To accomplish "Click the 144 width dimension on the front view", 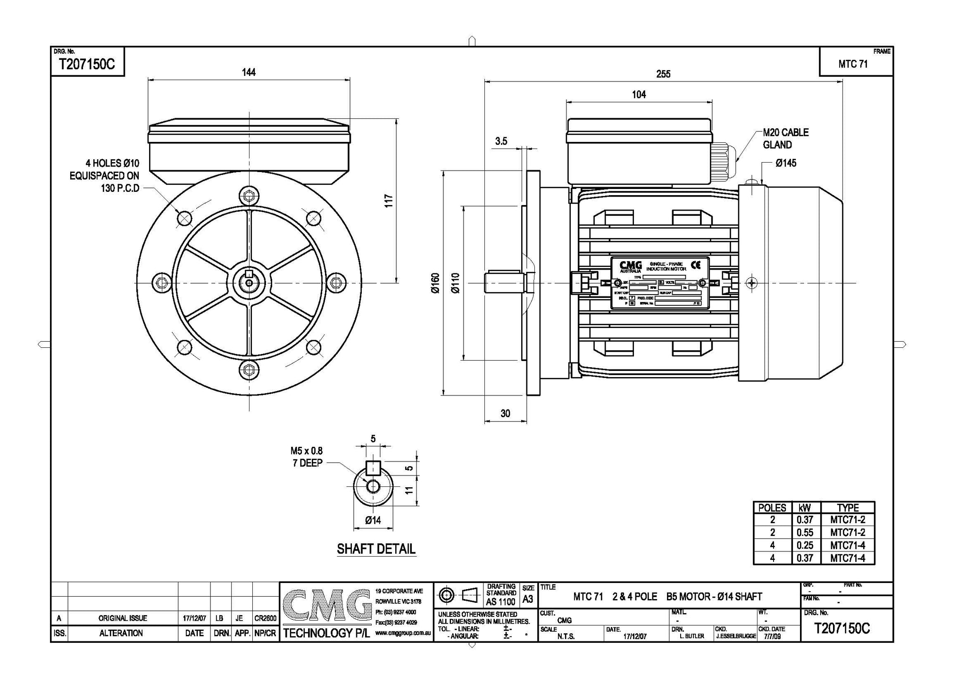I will click(249, 72).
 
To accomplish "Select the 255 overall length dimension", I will click(663, 74).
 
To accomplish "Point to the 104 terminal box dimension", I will click(639, 95).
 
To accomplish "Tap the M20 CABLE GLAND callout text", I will click(785, 139).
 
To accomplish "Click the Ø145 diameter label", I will click(786, 163).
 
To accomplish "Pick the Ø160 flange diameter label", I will click(435, 283).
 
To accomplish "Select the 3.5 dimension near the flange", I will click(501, 141).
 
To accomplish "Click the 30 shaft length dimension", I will click(505, 413).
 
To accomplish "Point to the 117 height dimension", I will click(389, 201).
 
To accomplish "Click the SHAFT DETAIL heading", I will click(376, 549).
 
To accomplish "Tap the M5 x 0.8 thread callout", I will click(307, 451).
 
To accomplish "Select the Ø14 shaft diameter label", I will click(373, 520).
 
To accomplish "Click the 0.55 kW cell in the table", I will click(805, 533).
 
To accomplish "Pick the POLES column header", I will click(772, 508).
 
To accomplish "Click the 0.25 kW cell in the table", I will click(805, 545).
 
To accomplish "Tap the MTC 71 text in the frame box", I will click(853, 64).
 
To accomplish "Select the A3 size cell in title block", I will click(528, 600).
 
